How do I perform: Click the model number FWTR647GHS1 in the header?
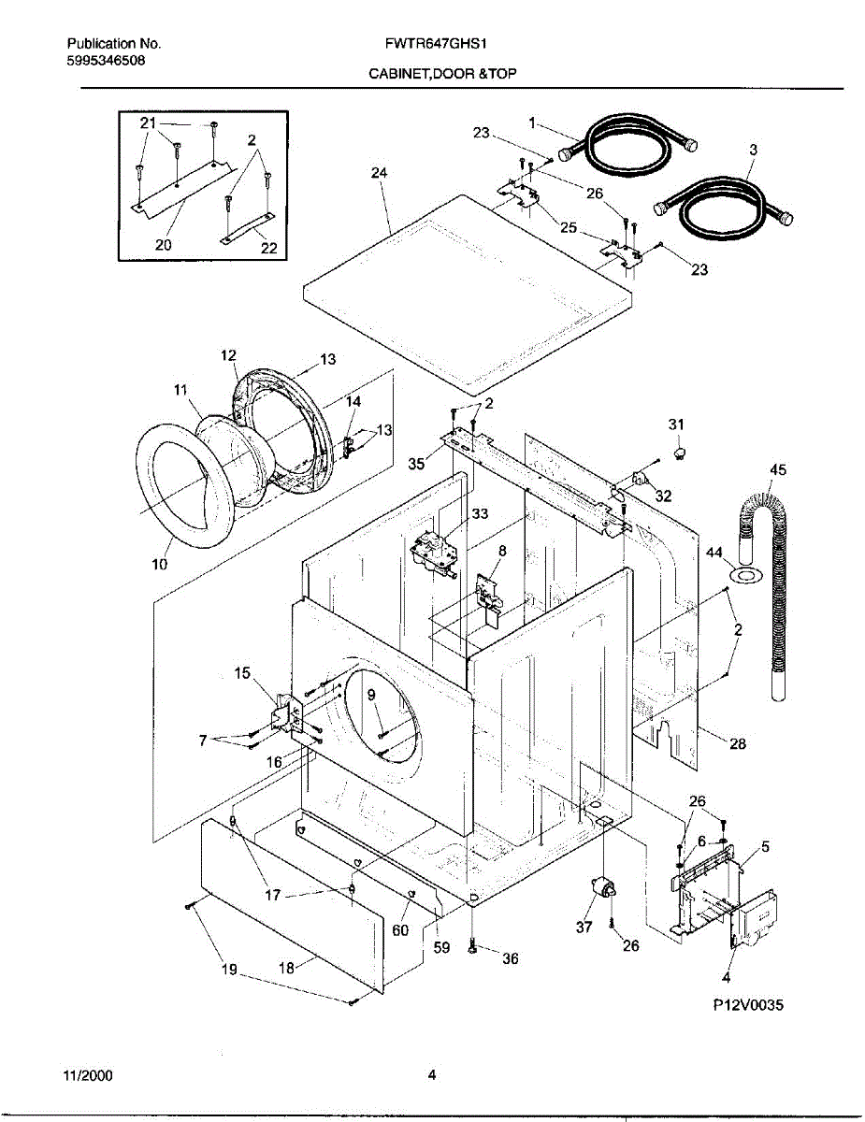431,44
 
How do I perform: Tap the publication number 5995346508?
106,61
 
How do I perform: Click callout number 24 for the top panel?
379,173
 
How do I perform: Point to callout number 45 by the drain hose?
778,469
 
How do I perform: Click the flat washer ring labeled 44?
744,573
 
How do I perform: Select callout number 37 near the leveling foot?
584,928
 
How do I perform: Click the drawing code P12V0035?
745,1006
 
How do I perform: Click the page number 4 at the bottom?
432,1075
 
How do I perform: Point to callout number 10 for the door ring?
159,564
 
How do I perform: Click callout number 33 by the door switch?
480,513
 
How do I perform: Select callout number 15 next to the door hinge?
242,672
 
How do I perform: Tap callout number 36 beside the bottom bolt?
510,958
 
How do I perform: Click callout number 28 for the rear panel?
738,744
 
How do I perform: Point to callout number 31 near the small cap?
676,424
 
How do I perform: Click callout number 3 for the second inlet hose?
754,150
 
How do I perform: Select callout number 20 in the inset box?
163,245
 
